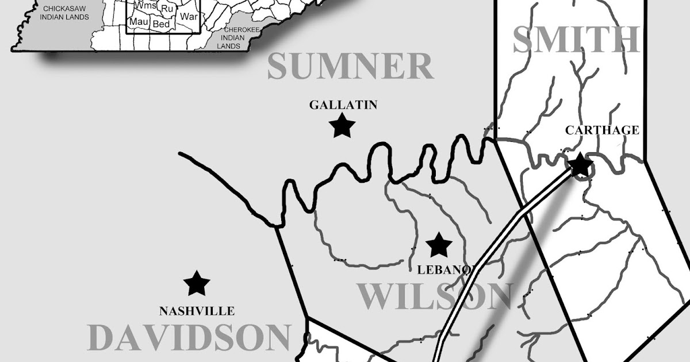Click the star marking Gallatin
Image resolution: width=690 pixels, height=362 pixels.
tap(342, 125)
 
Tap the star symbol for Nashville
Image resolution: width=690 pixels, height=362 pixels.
tap(197, 283)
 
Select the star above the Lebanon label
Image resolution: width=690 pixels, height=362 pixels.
tap(439, 245)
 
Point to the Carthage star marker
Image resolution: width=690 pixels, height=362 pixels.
tap(580, 165)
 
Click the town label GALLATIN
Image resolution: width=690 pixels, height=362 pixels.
tap(343, 105)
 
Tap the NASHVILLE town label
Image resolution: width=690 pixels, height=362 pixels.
tap(197, 311)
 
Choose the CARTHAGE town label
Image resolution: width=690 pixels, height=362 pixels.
tap(601, 130)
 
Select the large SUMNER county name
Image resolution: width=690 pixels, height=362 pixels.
tap(350, 67)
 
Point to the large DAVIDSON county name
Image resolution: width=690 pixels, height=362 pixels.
tap(190, 337)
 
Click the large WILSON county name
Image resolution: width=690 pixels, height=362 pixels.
tap(435, 296)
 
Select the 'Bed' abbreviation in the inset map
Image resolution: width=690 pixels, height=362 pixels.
tap(161, 24)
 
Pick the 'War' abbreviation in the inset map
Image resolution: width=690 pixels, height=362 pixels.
tap(188, 16)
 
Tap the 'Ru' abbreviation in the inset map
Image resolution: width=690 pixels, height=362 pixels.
tap(167, 9)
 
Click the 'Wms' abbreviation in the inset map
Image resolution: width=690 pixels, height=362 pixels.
tap(145, 6)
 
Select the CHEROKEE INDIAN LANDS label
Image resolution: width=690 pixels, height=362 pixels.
tap(235, 37)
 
